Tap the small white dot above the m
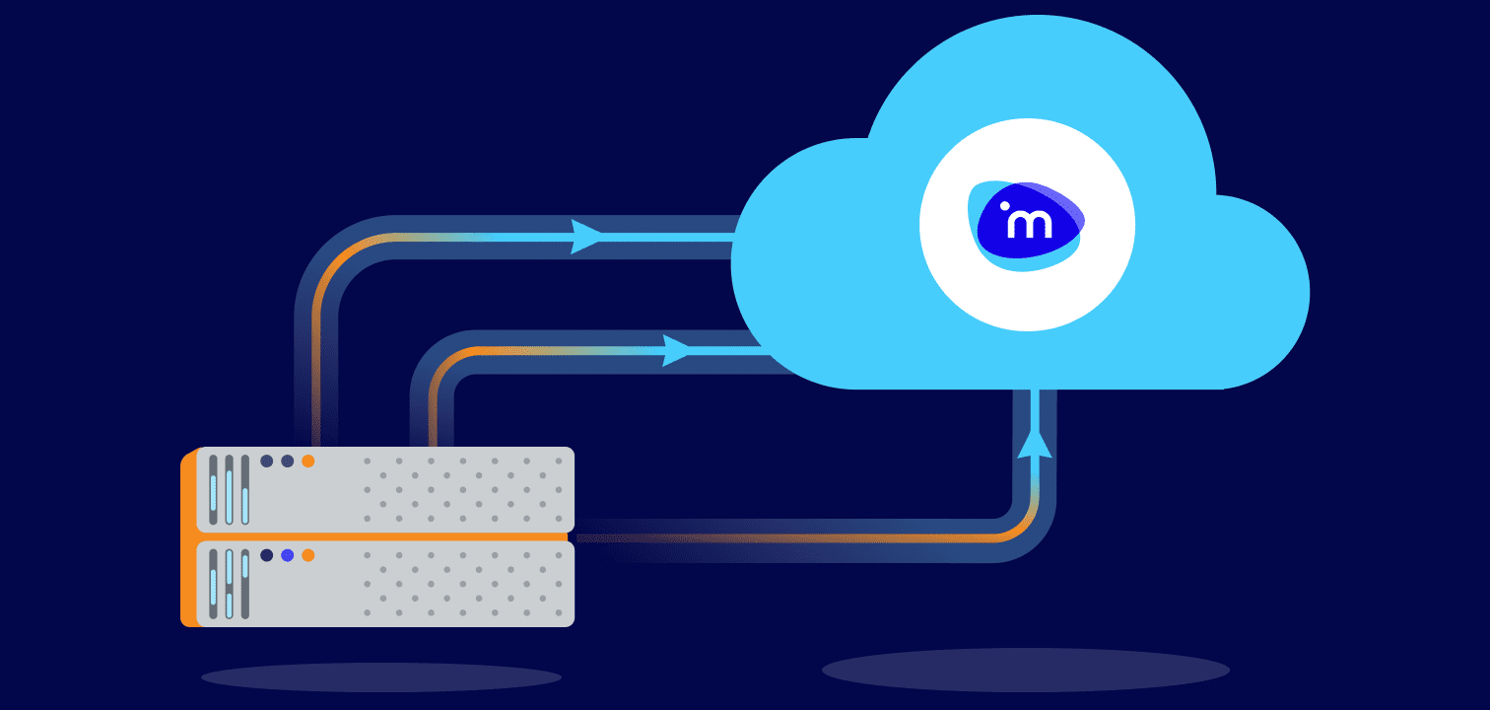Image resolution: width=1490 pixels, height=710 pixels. pyautogui.click(x=1005, y=206)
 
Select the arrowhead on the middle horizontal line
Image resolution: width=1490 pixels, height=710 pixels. pyautogui.click(x=677, y=350)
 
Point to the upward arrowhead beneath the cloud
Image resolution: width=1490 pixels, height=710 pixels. pyautogui.click(x=1034, y=444)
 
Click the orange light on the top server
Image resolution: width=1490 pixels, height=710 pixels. pyautogui.click(x=307, y=461)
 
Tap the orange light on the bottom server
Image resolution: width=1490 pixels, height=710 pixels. pyautogui.click(x=307, y=555)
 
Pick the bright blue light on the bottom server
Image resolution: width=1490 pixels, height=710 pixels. pyautogui.click(x=287, y=555)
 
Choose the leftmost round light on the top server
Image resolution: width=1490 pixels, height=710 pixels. pyautogui.click(x=266, y=461)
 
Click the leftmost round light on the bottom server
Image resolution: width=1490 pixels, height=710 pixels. pyautogui.click(x=266, y=555)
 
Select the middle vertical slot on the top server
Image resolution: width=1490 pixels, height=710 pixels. pyautogui.click(x=229, y=489)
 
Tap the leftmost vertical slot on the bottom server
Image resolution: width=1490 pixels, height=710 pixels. pyautogui.click(x=213, y=584)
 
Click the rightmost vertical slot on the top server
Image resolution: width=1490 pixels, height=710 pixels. pyautogui.click(x=244, y=489)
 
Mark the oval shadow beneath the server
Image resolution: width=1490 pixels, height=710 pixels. pyautogui.click(x=380, y=677)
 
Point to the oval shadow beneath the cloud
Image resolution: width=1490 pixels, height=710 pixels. pyautogui.click(x=1025, y=671)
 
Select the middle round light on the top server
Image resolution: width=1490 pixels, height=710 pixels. pyautogui.click(x=287, y=461)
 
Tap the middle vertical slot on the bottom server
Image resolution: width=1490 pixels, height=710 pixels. pyautogui.click(x=229, y=584)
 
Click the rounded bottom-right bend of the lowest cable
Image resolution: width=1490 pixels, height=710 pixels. pyautogui.click(x=1025, y=529)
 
